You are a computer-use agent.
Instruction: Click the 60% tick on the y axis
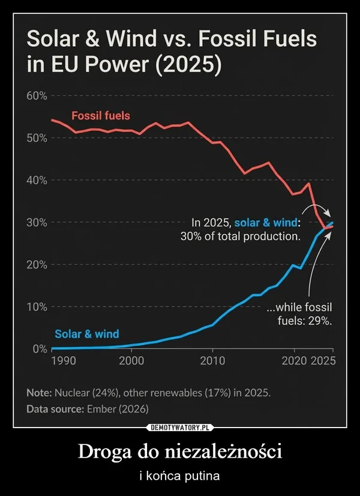37,96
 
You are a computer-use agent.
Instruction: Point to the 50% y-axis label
37,138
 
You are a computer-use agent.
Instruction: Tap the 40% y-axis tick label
37,180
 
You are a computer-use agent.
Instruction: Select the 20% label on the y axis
37,265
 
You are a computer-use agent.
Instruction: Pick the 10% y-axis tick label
37,307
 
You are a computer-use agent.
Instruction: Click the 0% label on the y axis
40,349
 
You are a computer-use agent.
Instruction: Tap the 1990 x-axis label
63,361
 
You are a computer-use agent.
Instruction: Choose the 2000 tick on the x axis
131,361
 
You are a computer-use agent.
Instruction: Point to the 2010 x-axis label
212,361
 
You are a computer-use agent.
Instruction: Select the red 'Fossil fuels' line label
100,115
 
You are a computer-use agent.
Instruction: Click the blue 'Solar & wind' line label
87,334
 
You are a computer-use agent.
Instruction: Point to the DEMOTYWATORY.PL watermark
180,428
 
